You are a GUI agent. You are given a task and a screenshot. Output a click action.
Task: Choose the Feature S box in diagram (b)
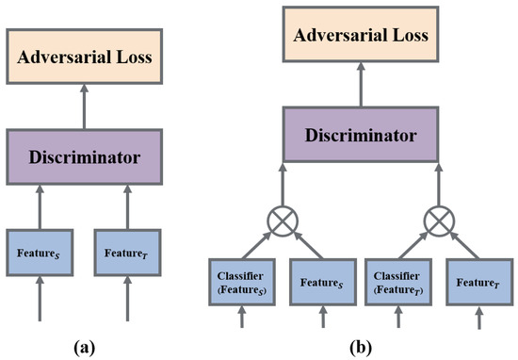coord(316,281)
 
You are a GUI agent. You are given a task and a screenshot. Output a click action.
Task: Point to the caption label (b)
coord(360,344)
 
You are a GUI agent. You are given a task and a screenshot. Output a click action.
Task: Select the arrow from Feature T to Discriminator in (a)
coord(126,206)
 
